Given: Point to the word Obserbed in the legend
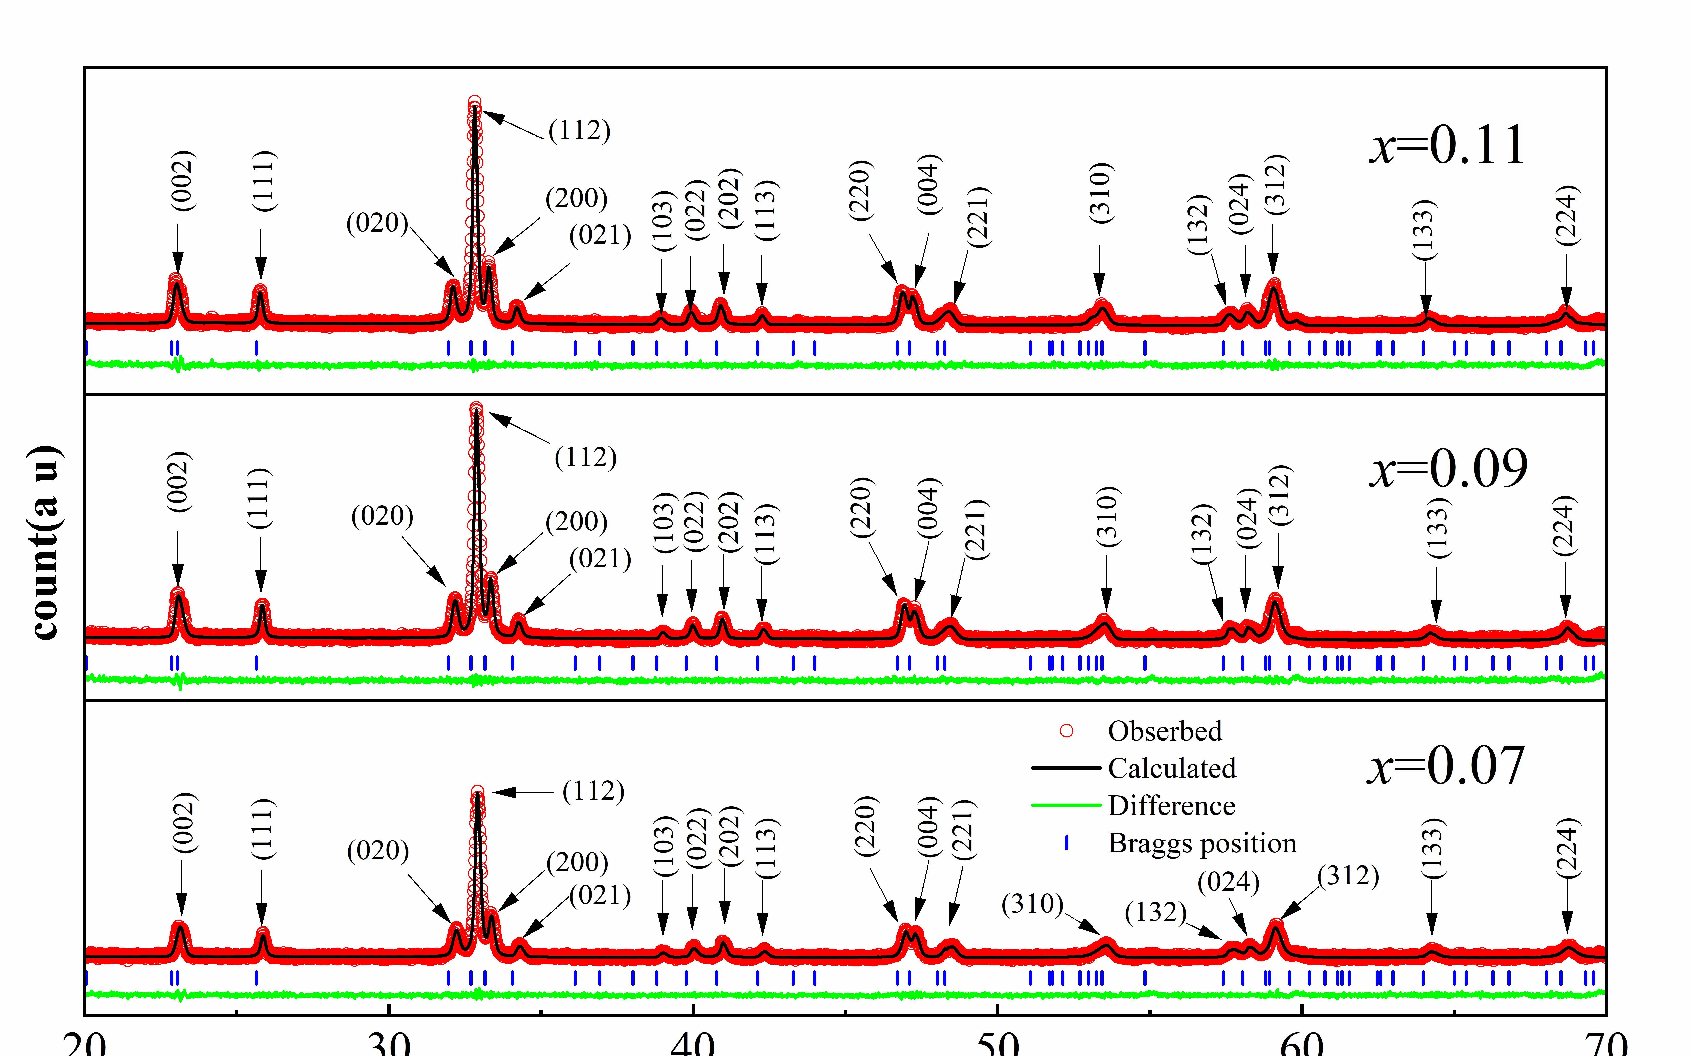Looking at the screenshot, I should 1165,731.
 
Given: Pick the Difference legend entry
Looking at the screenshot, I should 1171,806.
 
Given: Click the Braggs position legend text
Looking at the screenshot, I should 1202,844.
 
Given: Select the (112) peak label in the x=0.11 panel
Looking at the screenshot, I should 579,131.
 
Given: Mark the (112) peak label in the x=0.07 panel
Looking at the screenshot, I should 593,791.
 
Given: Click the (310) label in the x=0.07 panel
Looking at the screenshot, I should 1032,904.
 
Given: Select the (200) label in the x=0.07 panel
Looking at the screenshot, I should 577,862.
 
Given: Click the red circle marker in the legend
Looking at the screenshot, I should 1066,731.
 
